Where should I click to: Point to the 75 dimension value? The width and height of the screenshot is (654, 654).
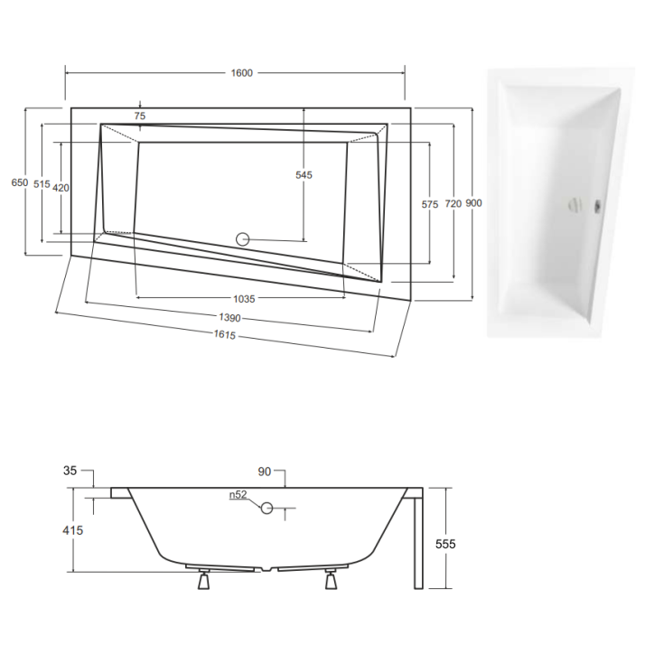pos(139,116)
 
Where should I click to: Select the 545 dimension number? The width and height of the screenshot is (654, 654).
pos(304,175)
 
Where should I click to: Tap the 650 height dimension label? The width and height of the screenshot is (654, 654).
pos(19,182)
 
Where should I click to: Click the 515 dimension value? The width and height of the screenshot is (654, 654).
pos(42,184)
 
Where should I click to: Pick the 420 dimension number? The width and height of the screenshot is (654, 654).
pos(61,187)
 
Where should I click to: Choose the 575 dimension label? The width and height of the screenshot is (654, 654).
pos(430,205)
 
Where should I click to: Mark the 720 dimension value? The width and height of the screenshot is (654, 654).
pos(453,204)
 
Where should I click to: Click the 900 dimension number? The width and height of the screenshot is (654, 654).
pos(473,203)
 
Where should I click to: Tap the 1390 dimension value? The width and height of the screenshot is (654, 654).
pos(229,318)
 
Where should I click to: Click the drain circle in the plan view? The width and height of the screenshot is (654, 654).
pos(242,239)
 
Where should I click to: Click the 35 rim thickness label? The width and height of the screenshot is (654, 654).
pos(71,471)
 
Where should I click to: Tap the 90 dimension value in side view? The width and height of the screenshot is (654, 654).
pos(264,472)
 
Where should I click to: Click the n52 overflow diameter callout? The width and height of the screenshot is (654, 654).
pos(238,495)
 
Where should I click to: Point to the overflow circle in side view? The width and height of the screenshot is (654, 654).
pos(267,509)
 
